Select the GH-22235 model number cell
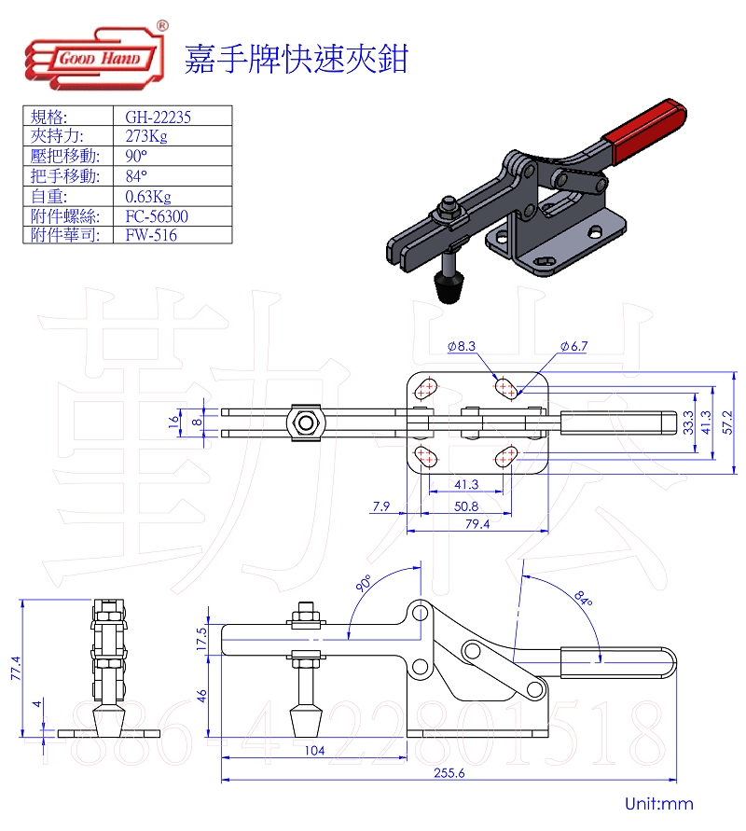point(158,117)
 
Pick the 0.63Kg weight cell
point(148,196)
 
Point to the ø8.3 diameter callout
point(462,346)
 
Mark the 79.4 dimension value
point(476,524)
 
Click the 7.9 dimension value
point(380,506)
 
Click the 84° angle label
point(583,598)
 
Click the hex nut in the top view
point(306,423)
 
